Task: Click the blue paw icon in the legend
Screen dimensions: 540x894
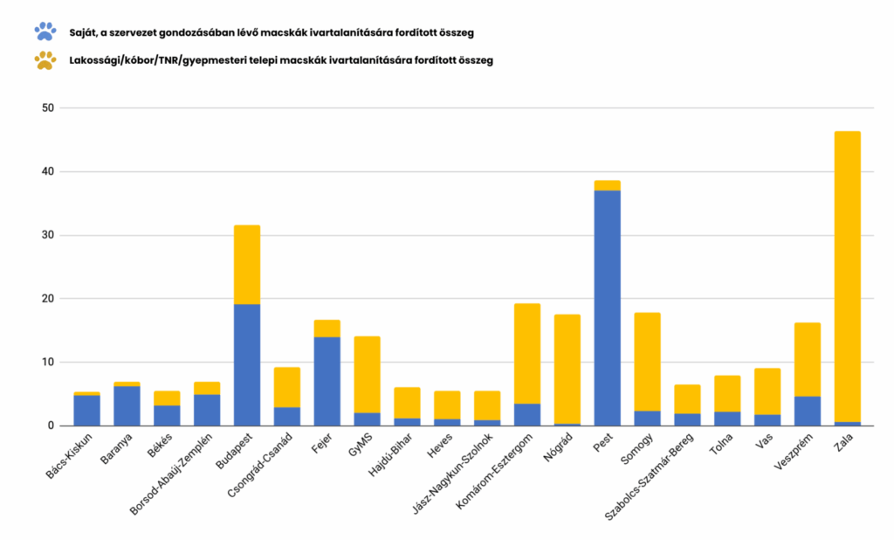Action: point(45,32)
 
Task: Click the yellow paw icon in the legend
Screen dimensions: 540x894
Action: point(45,60)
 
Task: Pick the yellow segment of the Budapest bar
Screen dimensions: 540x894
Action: point(247,265)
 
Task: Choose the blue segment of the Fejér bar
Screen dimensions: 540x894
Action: point(327,381)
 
